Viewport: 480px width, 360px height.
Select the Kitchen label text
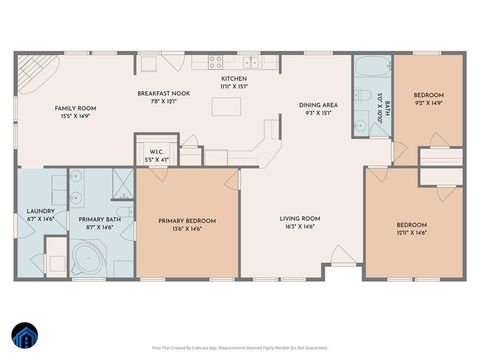coord(233,81)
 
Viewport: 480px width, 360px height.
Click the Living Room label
coord(299,222)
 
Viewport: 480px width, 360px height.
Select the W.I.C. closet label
coord(155,156)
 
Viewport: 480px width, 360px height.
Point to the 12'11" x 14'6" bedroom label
coord(412,229)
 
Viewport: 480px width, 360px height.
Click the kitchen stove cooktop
coord(215,62)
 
